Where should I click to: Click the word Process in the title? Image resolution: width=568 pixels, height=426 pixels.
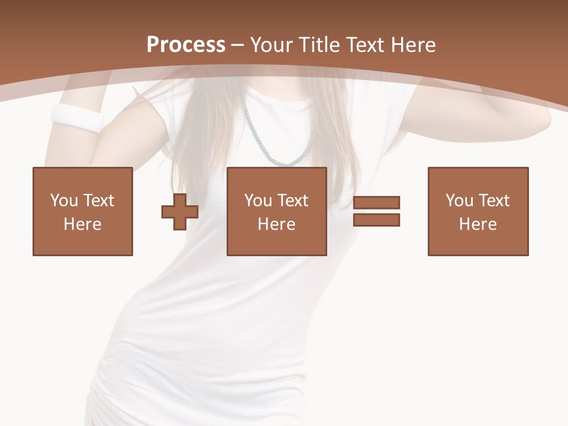(186, 44)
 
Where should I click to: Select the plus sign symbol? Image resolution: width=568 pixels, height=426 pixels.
(180, 212)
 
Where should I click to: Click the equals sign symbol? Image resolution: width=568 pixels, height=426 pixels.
(376, 211)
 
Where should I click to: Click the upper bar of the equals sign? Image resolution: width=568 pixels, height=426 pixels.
(376, 203)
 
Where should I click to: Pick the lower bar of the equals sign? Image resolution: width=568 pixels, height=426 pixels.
(376, 220)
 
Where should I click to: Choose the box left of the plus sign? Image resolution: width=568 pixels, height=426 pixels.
(83, 211)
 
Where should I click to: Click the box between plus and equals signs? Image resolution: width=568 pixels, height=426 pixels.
(276, 211)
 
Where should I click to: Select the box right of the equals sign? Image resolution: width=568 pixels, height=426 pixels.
(478, 211)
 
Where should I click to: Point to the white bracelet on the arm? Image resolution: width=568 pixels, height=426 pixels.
(77, 118)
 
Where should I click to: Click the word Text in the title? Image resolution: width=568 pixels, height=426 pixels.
(365, 44)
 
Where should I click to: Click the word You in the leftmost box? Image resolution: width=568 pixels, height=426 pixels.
(63, 201)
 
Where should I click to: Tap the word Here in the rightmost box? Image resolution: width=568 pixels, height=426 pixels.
(478, 224)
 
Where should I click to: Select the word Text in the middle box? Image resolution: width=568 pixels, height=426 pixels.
(292, 201)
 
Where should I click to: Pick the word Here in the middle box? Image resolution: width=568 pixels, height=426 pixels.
(276, 224)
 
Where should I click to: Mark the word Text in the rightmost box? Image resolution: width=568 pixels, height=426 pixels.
(493, 201)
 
